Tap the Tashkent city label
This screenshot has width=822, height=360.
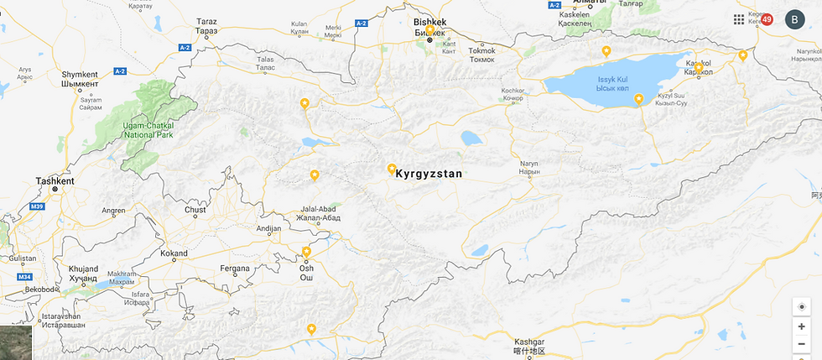pos(55,180)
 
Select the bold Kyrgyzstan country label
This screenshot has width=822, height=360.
pos(429,175)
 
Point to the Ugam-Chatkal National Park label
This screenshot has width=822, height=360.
pos(148,129)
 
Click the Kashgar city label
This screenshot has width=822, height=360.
pos(529,342)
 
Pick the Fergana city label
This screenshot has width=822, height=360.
pos(235,269)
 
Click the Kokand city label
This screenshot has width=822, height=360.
pos(174,253)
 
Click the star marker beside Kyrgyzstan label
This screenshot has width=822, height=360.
pos(391,169)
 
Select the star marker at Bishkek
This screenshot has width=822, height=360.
pos(429,30)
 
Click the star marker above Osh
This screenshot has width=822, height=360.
pos(306,252)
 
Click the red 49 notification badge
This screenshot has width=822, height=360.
pos(767,19)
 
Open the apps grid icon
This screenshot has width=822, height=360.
pos(739,19)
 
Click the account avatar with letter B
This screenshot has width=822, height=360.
pos(794,20)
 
